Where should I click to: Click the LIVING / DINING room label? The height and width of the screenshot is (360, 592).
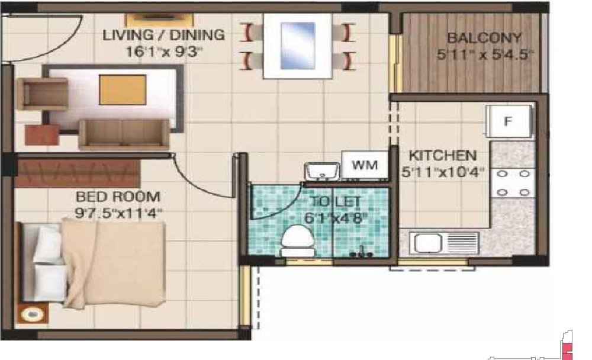tap(163, 35)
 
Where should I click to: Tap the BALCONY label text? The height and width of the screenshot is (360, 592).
tap(484, 38)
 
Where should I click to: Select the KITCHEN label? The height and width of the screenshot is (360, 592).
tap(443, 156)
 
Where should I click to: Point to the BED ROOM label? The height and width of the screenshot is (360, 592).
tap(117, 197)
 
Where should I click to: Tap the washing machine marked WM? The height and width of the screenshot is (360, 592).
tap(364, 165)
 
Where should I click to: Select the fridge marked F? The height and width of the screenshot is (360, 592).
tap(507, 121)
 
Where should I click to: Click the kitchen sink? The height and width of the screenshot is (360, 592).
tap(441, 243)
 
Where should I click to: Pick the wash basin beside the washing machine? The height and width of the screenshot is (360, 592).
tap(321, 171)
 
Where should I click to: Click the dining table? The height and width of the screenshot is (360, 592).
tap(297, 46)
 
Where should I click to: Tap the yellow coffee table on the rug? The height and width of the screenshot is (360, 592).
tap(122, 91)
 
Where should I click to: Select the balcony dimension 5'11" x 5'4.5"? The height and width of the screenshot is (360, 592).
tap(485, 55)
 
